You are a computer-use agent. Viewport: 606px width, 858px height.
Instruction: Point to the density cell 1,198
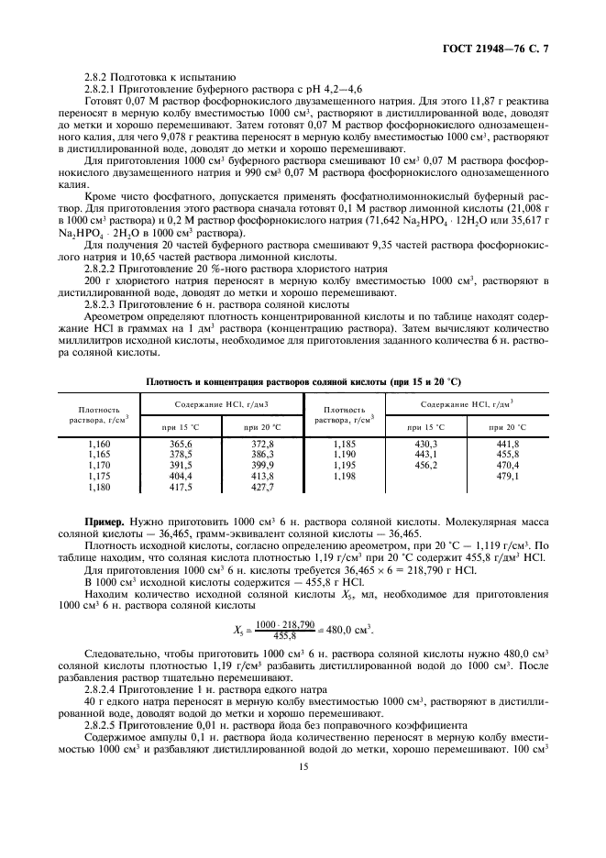(x=344, y=476)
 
